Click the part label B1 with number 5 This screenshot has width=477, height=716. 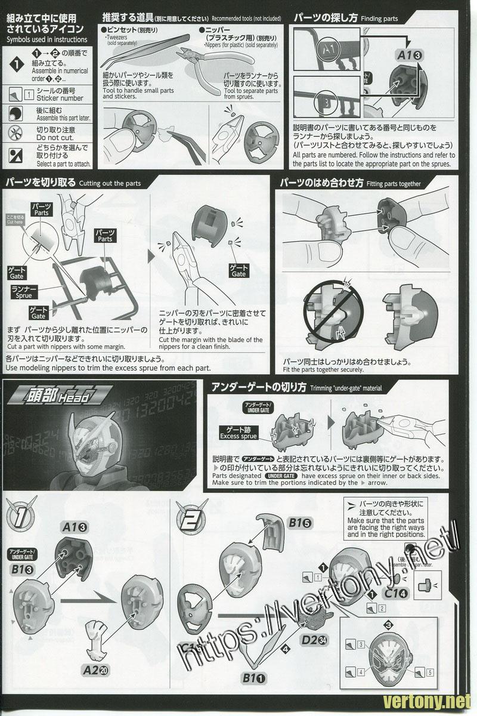pyautogui.click(x=300, y=523)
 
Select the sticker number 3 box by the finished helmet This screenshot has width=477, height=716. pyautogui.click(x=362, y=644)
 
